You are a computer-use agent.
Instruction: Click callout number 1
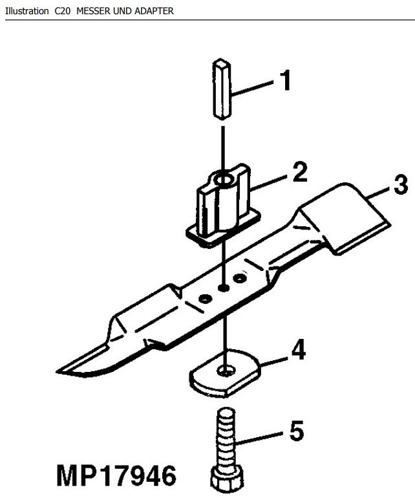286,81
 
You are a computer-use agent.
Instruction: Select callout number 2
300,172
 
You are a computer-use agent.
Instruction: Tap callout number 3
401,184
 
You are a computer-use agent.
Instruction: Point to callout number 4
299,350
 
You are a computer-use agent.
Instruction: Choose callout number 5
297,430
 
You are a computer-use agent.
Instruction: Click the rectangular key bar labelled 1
222,89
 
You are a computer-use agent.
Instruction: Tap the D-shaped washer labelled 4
226,373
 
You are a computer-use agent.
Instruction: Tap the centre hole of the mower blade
224,288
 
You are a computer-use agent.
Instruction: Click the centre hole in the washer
226,371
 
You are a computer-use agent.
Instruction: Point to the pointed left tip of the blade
56,371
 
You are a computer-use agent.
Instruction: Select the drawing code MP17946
116,475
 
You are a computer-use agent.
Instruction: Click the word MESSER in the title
89,11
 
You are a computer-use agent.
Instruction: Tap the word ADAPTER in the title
154,11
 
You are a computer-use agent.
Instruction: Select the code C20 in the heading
62,11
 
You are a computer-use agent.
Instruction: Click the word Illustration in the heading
27,11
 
